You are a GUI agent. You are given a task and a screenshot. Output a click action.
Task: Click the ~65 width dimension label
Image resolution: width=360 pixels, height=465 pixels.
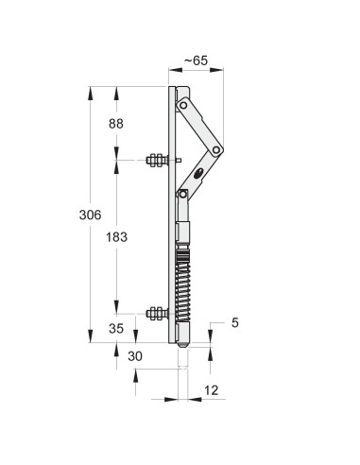click(x=196, y=60)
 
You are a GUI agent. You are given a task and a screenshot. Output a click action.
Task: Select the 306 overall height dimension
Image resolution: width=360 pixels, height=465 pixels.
click(x=90, y=215)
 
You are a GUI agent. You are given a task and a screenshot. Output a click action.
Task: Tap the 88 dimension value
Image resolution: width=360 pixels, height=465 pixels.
click(x=116, y=124)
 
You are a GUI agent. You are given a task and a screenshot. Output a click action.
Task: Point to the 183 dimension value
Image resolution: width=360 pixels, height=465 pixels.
click(x=116, y=237)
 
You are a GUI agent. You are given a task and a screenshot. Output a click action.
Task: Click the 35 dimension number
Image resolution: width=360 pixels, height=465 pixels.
click(x=116, y=329)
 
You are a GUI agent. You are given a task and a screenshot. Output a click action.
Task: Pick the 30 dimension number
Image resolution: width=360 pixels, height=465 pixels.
click(x=135, y=356)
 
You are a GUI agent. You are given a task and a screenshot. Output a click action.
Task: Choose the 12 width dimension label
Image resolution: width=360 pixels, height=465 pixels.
click(x=212, y=390)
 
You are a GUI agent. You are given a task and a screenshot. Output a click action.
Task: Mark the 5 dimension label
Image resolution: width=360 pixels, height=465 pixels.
click(x=235, y=322)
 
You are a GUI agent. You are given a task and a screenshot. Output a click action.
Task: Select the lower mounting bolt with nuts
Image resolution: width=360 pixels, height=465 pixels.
click(x=158, y=314)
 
